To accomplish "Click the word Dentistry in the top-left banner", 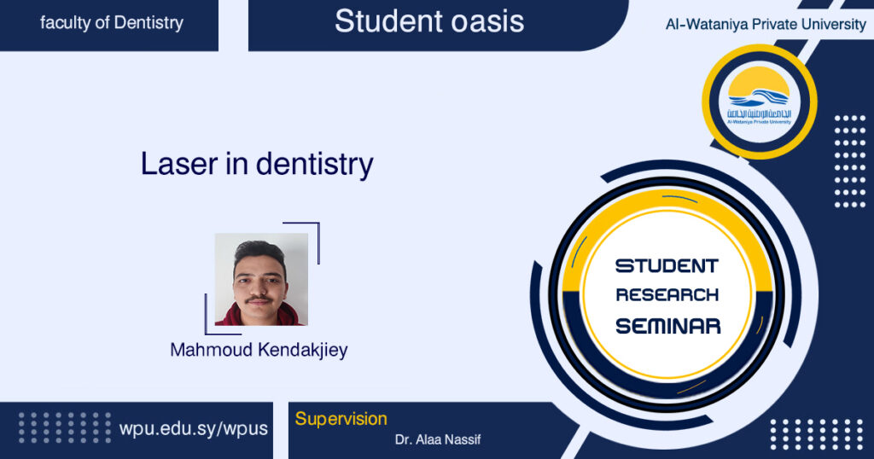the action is point(149,23).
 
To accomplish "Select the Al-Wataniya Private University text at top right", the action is point(766,25).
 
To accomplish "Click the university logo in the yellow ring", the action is point(759,102).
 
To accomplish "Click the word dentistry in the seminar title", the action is point(314,165).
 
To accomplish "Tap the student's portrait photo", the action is point(261,279).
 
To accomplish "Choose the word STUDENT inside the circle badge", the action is point(667,266).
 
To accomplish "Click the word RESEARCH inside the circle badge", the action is point(667,294).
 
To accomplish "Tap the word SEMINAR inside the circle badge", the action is point(667,326).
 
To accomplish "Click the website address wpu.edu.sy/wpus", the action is point(194,429).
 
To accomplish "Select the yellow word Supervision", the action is point(341,419).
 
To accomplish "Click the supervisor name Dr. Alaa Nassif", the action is point(438,440).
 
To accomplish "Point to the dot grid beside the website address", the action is point(65,427).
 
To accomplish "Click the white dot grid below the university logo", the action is point(849,161).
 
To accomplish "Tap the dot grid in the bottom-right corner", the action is point(816,435).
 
